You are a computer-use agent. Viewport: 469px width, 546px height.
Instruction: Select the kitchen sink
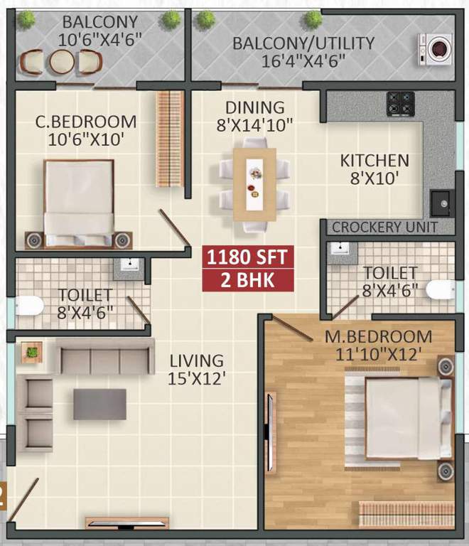coord(441,203)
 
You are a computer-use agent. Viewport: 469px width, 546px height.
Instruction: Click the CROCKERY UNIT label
coord(384,227)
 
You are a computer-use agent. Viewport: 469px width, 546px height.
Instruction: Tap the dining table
coord(254,184)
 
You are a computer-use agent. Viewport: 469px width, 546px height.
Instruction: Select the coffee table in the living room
coord(99,404)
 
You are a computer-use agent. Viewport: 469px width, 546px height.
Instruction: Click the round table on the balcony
coord(60,63)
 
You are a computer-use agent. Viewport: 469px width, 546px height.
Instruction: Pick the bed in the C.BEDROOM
coord(78,198)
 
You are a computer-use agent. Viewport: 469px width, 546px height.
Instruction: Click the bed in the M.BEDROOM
coord(400,418)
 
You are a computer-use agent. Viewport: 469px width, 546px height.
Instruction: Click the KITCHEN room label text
coord(374,161)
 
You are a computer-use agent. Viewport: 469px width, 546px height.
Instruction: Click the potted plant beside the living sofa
coord(32,351)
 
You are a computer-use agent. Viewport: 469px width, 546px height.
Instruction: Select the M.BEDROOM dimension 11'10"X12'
coord(384,353)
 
